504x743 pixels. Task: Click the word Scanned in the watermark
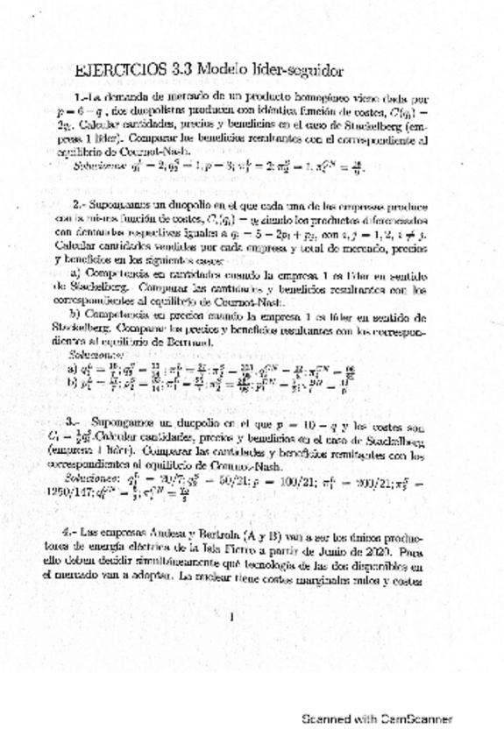click(325, 719)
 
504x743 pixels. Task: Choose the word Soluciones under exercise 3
click(89, 478)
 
